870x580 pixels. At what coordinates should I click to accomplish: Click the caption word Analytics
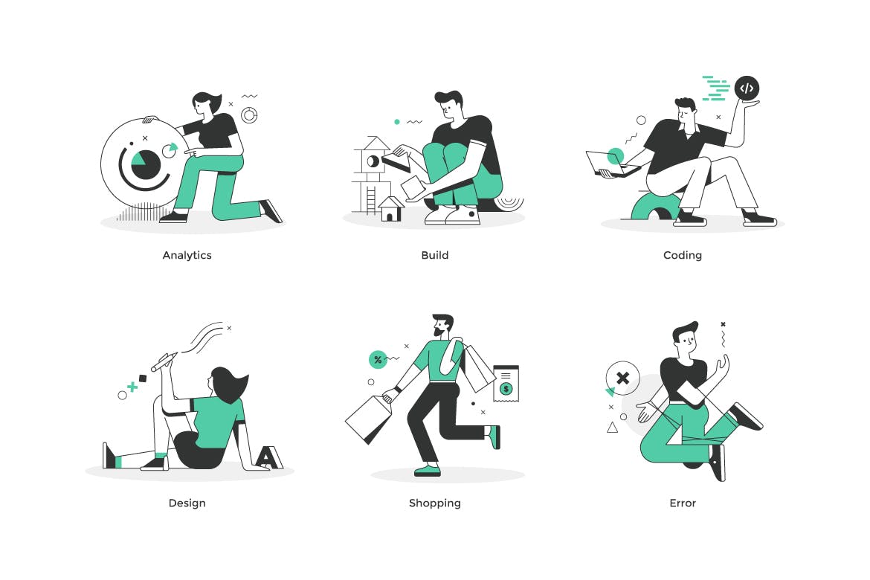(x=187, y=255)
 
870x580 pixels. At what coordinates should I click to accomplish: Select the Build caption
(x=434, y=255)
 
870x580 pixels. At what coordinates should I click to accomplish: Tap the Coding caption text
(x=683, y=255)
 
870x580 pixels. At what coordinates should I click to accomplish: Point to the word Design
(x=187, y=503)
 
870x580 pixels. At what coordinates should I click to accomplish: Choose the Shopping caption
(x=434, y=503)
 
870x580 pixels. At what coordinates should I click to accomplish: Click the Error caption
(x=683, y=503)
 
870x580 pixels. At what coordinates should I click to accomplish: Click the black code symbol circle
(x=747, y=88)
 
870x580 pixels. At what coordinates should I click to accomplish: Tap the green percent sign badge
(x=378, y=360)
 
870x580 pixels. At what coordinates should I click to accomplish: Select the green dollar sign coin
(x=506, y=388)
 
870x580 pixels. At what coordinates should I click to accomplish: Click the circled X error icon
(x=622, y=378)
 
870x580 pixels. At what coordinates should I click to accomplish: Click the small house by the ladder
(x=390, y=209)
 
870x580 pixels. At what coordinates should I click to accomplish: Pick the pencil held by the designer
(x=164, y=361)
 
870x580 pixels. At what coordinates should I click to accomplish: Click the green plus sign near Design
(x=132, y=387)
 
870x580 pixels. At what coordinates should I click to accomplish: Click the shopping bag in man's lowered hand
(x=370, y=419)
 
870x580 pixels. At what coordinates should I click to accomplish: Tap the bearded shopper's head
(x=442, y=325)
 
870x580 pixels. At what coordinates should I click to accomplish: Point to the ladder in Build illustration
(x=371, y=200)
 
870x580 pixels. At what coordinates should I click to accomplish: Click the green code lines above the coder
(x=716, y=88)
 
